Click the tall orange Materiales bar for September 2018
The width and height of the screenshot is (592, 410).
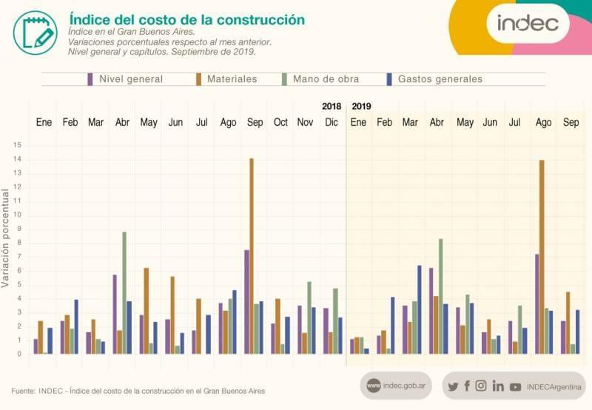click(x=252, y=255)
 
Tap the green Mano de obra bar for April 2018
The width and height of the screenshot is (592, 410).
click(x=124, y=292)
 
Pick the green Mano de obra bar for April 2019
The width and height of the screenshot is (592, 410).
click(x=441, y=296)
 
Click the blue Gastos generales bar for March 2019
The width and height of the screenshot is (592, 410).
click(x=419, y=309)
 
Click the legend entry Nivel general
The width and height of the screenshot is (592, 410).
click(x=125, y=79)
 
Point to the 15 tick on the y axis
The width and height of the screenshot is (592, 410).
click(x=18, y=144)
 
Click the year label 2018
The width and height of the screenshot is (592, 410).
click(x=332, y=106)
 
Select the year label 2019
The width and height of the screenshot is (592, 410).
click(x=361, y=106)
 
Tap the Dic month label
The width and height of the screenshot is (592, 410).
click(x=331, y=122)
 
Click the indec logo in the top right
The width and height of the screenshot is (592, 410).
click(x=528, y=23)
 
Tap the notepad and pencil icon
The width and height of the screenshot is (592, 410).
click(x=35, y=32)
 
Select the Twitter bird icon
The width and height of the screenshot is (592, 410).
click(x=454, y=386)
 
